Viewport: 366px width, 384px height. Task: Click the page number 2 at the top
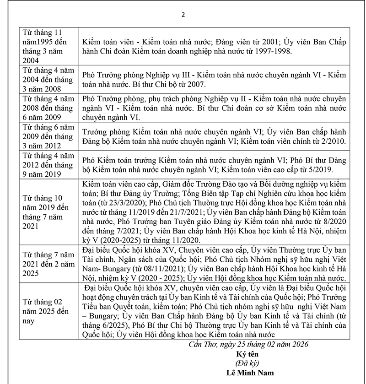[x=183, y=14]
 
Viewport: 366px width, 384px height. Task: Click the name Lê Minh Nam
[x=250, y=372]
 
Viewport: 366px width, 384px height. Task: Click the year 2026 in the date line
[x=300, y=344]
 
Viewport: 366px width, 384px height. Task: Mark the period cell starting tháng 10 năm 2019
[x=48, y=212]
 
